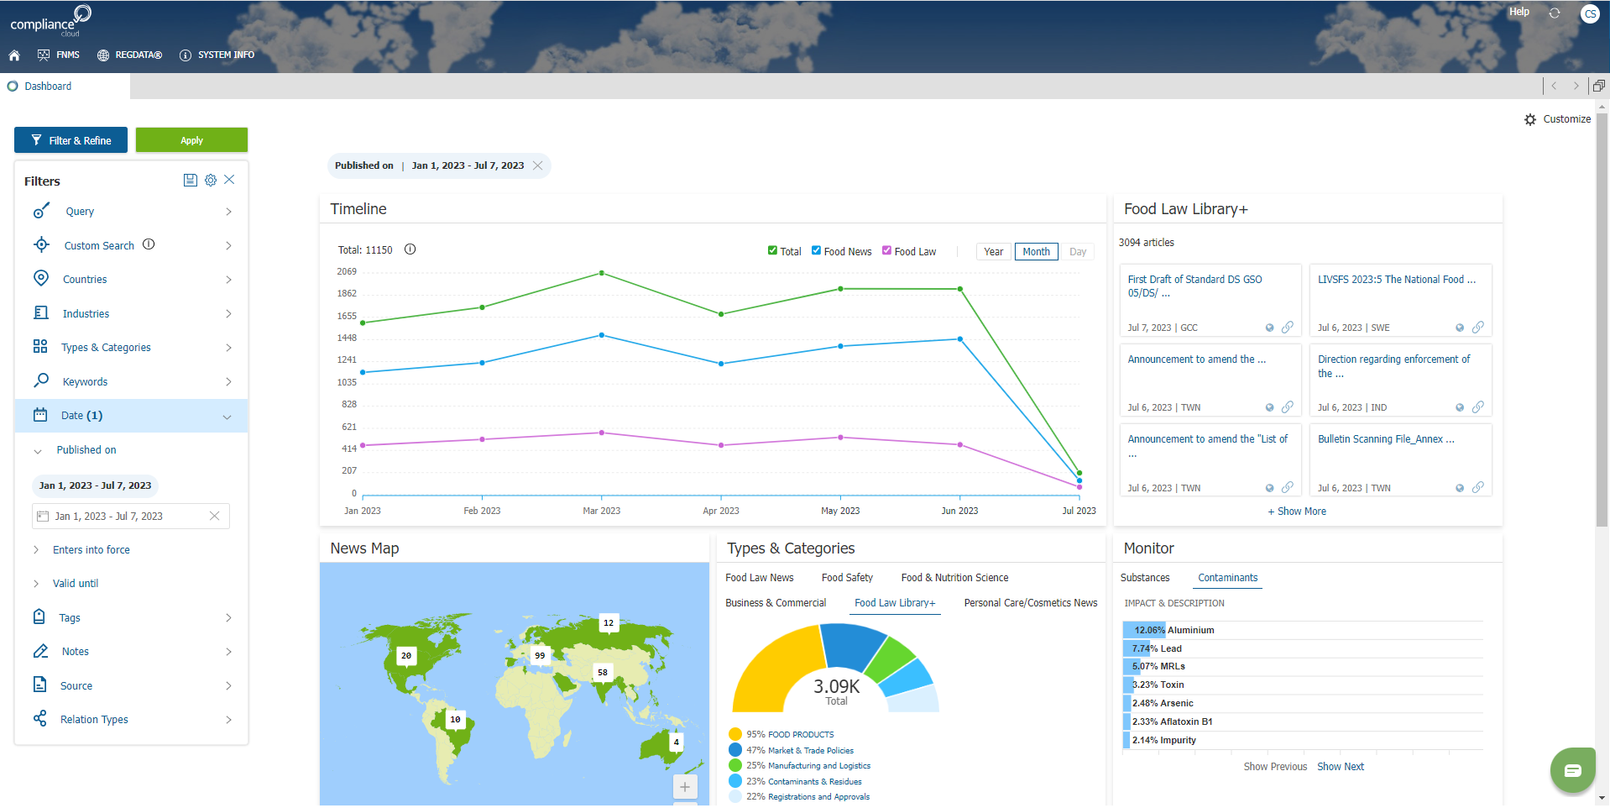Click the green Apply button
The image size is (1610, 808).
(x=191, y=140)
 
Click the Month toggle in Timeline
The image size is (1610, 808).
(x=1036, y=252)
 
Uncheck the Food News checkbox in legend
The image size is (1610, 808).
(x=816, y=250)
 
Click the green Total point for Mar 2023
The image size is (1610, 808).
(x=602, y=273)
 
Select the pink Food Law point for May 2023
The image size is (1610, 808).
(x=840, y=438)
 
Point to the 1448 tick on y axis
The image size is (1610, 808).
(x=347, y=338)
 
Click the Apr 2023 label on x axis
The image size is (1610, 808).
(x=721, y=511)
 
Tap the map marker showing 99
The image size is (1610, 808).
(x=540, y=655)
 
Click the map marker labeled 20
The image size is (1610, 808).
(x=406, y=655)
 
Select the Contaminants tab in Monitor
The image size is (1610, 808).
(x=1227, y=578)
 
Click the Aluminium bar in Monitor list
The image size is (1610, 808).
(x=1144, y=630)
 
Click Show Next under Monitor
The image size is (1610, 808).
(x=1340, y=767)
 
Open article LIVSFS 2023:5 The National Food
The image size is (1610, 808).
(x=1396, y=280)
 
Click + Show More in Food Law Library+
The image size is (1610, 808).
(x=1297, y=512)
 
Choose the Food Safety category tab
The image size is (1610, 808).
(x=847, y=578)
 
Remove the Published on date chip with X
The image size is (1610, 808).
(x=538, y=165)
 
